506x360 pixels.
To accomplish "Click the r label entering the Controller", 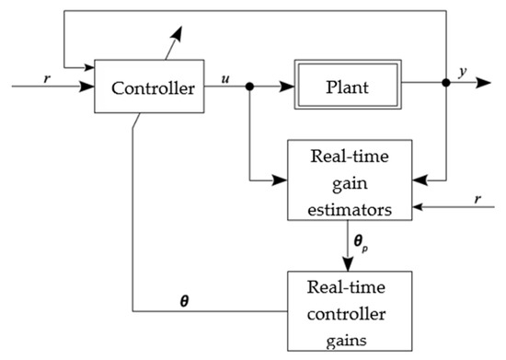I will click(x=47, y=77).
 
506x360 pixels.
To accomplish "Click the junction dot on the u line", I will click(x=250, y=87).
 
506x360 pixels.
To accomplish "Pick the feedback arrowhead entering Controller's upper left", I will click(x=89, y=66).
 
